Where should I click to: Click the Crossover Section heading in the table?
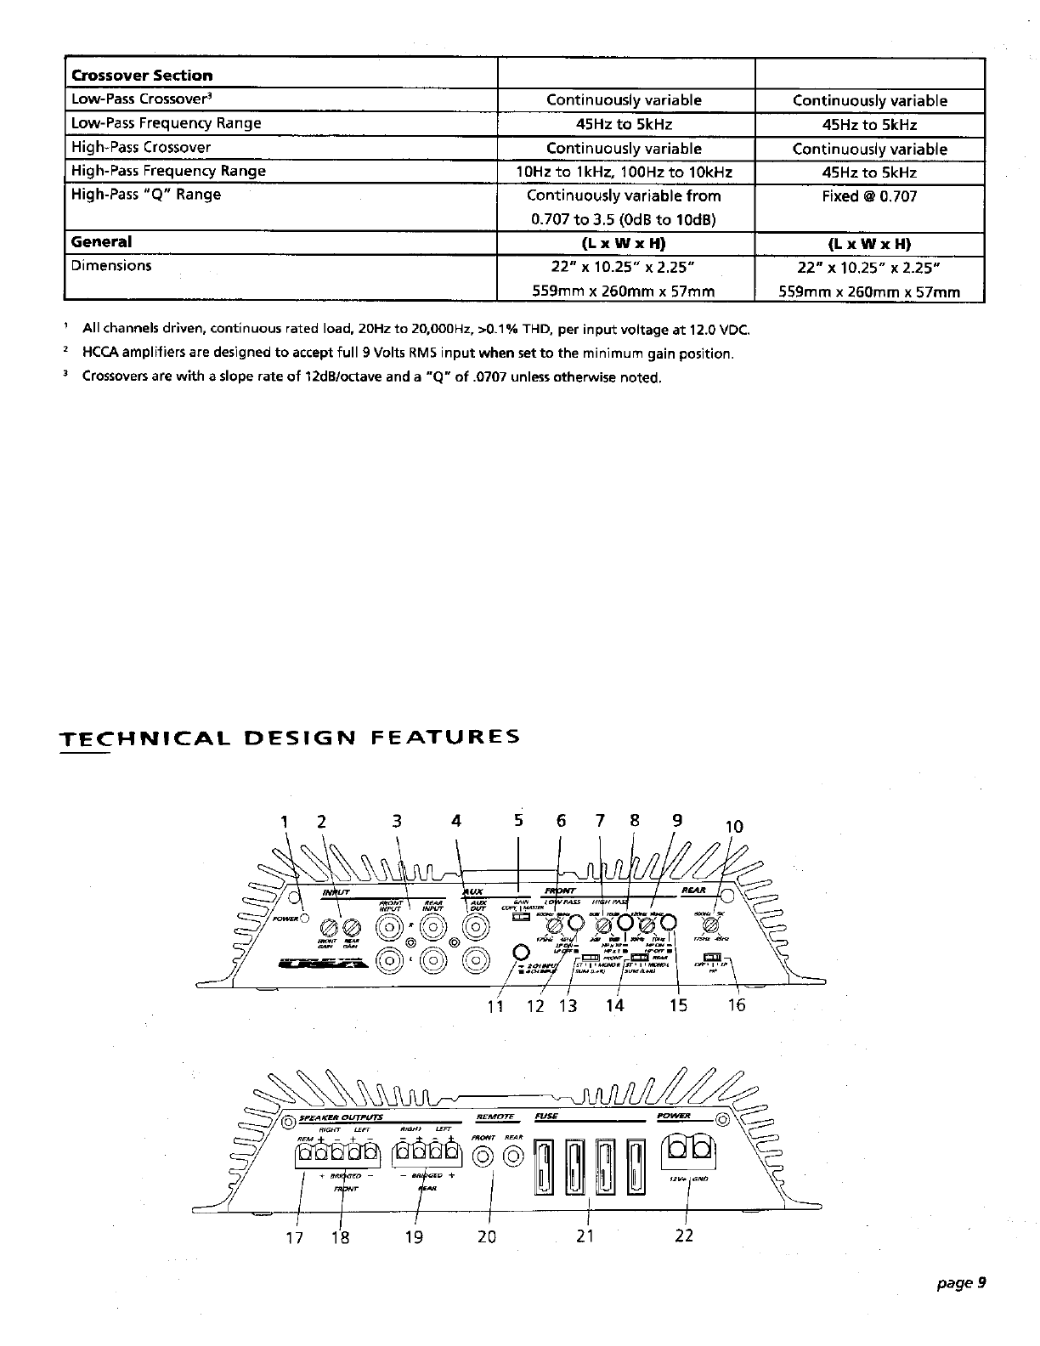(x=142, y=76)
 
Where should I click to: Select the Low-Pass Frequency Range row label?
(x=166, y=123)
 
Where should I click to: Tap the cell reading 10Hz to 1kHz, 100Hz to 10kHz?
(x=625, y=172)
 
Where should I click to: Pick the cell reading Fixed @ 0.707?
(x=869, y=196)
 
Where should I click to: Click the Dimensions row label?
(x=111, y=265)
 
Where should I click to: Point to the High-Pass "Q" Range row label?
(x=146, y=195)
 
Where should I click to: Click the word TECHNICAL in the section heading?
(x=138, y=736)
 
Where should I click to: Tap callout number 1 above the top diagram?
(x=285, y=822)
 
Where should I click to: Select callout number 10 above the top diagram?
(x=733, y=827)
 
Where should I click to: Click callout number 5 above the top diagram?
(x=519, y=821)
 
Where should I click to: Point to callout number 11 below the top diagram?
(x=495, y=1007)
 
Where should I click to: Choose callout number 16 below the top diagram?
(x=737, y=1006)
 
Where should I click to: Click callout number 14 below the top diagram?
(x=614, y=1006)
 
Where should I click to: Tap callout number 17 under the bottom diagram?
(x=294, y=1237)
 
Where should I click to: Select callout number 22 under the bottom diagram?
(x=684, y=1236)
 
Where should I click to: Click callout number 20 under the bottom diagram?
(x=486, y=1237)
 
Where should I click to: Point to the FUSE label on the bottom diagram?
(x=545, y=1115)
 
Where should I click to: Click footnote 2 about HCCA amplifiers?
(x=407, y=353)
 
